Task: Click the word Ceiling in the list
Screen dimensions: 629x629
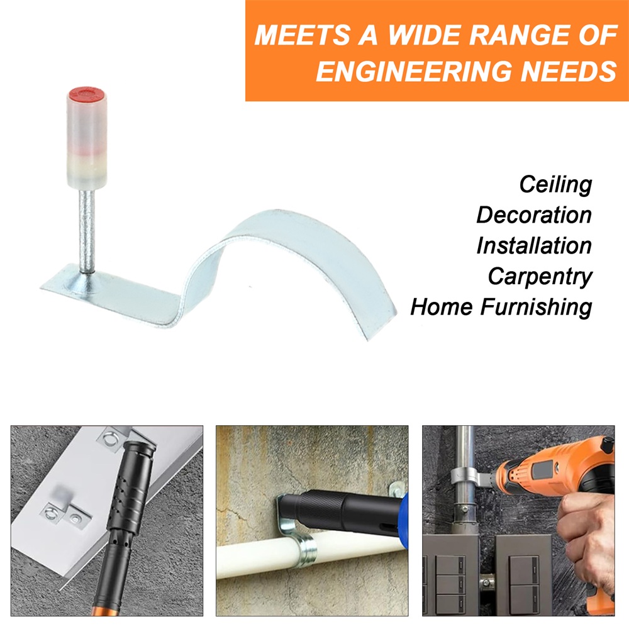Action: click(x=555, y=185)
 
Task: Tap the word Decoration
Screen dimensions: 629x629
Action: click(x=534, y=215)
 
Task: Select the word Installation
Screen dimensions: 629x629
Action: click(x=534, y=245)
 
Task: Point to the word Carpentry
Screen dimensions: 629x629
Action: click(x=540, y=277)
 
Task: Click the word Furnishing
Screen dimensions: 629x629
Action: click(x=537, y=308)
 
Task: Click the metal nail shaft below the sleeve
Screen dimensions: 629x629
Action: click(x=87, y=231)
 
